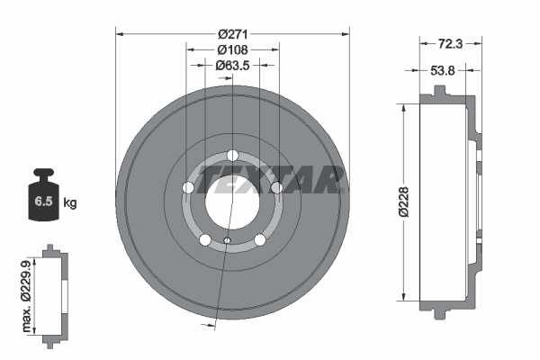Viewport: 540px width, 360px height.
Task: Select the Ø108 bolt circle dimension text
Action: click(x=232, y=49)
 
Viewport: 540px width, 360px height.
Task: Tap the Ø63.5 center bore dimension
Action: click(x=232, y=65)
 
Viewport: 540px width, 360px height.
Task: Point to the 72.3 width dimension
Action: click(x=450, y=42)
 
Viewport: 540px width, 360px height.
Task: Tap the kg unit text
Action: click(x=70, y=203)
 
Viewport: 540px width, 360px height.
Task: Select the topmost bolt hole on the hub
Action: click(x=232, y=154)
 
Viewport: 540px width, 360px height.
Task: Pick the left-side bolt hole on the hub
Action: click(x=188, y=187)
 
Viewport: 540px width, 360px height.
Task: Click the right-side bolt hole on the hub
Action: click(x=277, y=187)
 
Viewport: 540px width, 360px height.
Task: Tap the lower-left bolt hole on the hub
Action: click(x=205, y=239)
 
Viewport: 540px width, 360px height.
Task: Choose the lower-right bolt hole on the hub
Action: click(x=260, y=239)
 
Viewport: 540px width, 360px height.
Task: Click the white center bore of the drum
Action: click(x=232, y=197)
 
